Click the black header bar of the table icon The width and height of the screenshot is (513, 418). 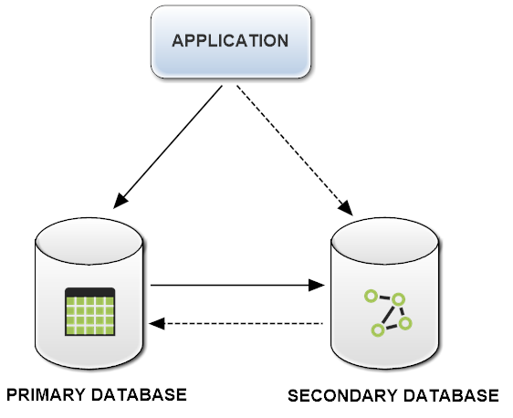89,293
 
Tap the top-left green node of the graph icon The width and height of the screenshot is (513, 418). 371,296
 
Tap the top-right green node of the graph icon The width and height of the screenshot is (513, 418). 398,298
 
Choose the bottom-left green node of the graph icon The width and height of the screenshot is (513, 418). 374,329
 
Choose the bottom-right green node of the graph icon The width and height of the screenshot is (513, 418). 405,323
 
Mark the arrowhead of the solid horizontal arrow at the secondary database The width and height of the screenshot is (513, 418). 317,286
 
